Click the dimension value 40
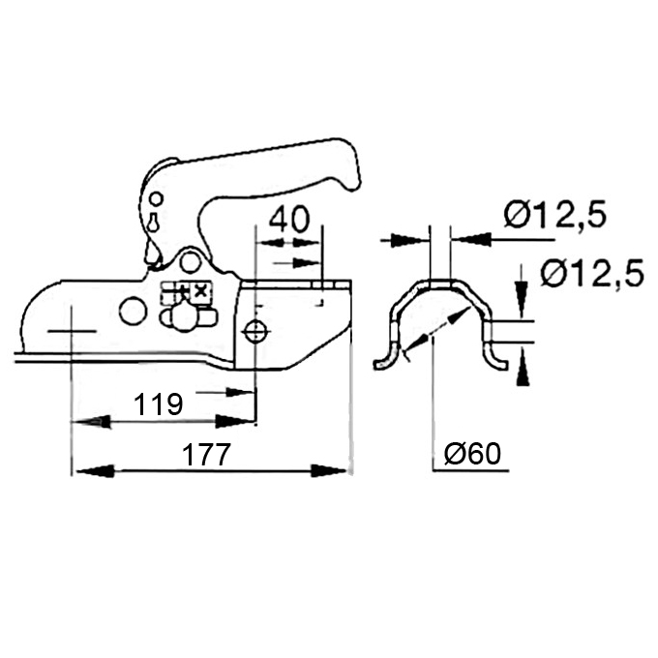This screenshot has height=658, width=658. (288, 219)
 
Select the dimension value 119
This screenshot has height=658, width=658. (158, 404)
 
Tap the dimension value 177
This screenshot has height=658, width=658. (207, 454)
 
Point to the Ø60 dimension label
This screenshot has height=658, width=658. (472, 453)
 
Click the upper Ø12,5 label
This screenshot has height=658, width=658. (555, 215)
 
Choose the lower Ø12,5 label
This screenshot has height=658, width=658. (592, 273)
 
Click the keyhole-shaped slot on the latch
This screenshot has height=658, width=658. (154, 222)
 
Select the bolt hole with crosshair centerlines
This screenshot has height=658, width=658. (254, 332)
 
